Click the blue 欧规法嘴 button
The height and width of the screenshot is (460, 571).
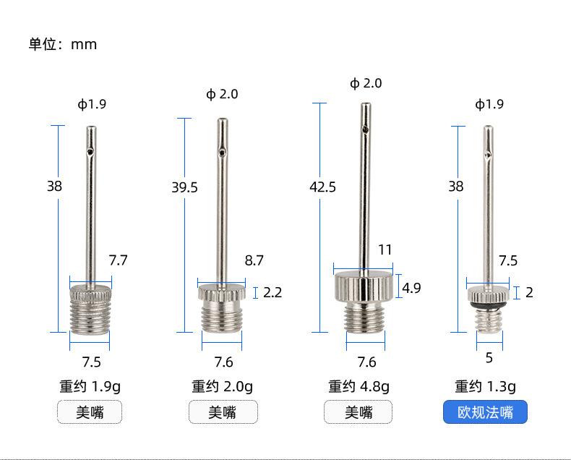click(485, 412)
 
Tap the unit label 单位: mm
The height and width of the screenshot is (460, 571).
click(63, 44)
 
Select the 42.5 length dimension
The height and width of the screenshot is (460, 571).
click(322, 187)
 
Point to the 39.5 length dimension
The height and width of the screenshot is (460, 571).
click(184, 187)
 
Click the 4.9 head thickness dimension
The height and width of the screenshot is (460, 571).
click(411, 288)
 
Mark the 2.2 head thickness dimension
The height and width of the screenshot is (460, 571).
click(272, 292)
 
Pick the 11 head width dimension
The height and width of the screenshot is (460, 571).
click(385, 250)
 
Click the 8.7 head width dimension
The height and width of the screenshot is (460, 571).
click(254, 260)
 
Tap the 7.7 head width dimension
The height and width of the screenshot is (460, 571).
click(118, 260)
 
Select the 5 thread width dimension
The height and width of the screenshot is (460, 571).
click(489, 358)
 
